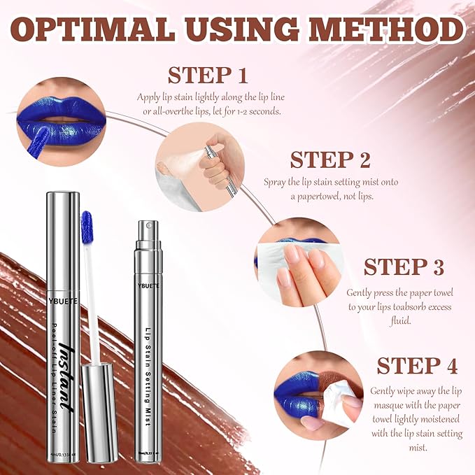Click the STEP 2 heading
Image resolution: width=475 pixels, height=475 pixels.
(x=330, y=160)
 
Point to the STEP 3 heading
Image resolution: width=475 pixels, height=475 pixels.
(x=404, y=267)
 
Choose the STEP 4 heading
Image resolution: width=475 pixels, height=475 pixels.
(x=418, y=366)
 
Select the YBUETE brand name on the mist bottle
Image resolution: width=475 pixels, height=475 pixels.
(x=148, y=284)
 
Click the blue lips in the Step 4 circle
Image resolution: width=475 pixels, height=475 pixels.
(x=297, y=399)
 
